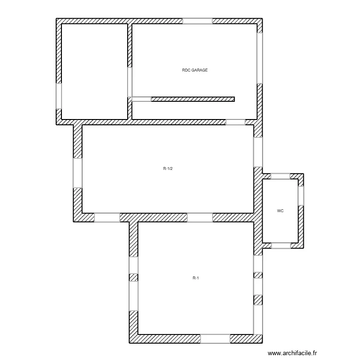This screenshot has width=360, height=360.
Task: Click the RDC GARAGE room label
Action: coord(195,70)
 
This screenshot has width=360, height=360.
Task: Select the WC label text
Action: coord(280,211)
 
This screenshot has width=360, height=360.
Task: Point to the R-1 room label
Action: coord(195,278)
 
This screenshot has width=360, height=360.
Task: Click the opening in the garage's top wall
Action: coord(197,21)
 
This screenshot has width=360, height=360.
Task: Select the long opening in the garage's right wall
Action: coord(260,58)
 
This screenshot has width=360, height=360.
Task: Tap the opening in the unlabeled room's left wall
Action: coord(59,96)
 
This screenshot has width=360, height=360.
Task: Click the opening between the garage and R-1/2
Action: coord(235,122)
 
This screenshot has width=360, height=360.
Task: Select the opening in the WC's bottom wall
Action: coord(281,245)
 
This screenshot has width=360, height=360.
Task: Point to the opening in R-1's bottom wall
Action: coord(215,339)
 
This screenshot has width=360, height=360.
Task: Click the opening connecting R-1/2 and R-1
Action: coord(200,217)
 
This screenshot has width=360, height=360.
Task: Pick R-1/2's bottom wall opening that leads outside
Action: coord(107,217)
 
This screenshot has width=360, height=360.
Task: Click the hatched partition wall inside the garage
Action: coord(193,99)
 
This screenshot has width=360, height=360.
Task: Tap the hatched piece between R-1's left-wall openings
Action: coord(133,277)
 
